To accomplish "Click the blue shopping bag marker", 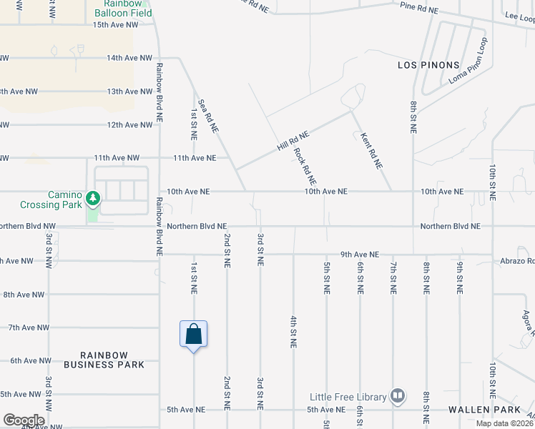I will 193,334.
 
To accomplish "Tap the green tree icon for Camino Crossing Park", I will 92,197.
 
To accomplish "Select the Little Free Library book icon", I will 398,395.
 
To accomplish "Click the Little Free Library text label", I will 348,397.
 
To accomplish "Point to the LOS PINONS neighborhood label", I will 428,65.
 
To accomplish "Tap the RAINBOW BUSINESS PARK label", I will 104,360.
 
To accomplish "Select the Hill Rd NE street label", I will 293,140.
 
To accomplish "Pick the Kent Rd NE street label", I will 371,151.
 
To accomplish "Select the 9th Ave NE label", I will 359,254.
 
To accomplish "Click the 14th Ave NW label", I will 129,58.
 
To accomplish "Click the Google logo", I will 24,420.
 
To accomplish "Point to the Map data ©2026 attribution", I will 504,423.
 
